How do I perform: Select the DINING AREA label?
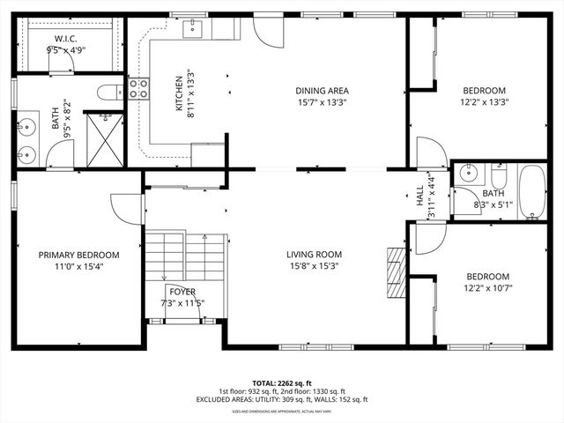pyautogui.click(x=322, y=91)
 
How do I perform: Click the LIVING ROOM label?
pyautogui.click(x=313, y=255)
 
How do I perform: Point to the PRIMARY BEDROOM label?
pyautogui.click(x=78, y=255)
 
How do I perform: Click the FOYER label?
pyautogui.click(x=182, y=292)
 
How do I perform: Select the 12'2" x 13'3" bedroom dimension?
pyautogui.click(x=484, y=102)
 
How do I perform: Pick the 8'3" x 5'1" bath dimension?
pyautogui.click(x=493, y=204)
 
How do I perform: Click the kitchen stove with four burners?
pyautogui.click(x=138, y=88)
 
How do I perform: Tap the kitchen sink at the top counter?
pyautogui.click(x=195, y=30)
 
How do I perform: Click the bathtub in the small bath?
pyautogui.click(x=531, y=191)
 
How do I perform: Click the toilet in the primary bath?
pyautogui.click(x=109, y=91)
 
